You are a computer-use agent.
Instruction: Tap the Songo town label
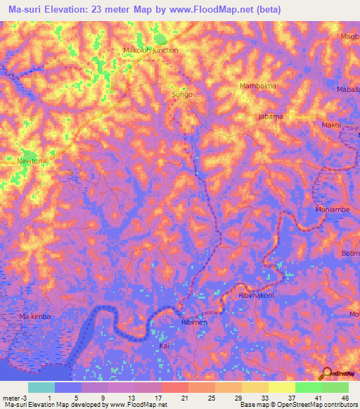point(182,94)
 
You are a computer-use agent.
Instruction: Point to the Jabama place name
point(271,117)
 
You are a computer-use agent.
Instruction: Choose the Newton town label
point(30,161)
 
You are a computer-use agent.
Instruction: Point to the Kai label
point(165,346)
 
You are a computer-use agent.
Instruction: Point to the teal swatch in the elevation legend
point(41,387)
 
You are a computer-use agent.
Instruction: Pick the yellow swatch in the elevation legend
point(281,387)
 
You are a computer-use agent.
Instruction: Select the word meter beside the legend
point(11,397)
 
